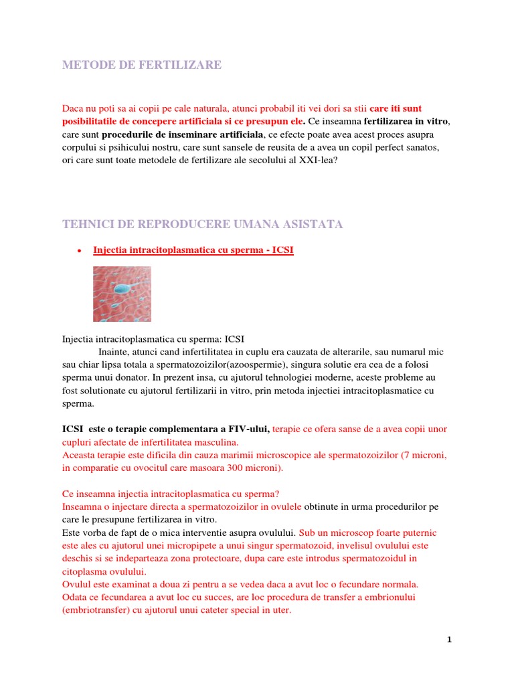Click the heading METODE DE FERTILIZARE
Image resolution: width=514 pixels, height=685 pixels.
(141, 65)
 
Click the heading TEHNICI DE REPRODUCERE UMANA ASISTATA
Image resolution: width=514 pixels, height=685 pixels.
(202, 224)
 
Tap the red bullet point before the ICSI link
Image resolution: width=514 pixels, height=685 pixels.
(80, 252)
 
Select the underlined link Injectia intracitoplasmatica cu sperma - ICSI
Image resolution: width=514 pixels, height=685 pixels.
(193, 251)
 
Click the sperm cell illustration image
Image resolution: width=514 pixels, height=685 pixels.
(122, 294)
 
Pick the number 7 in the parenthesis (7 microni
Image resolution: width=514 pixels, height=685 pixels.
(405, 455)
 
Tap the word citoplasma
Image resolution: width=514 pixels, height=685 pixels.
(84, 571)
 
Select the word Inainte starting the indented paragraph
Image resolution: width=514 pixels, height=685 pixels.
(114, 352)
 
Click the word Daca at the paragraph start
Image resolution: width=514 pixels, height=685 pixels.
(73, 108)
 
